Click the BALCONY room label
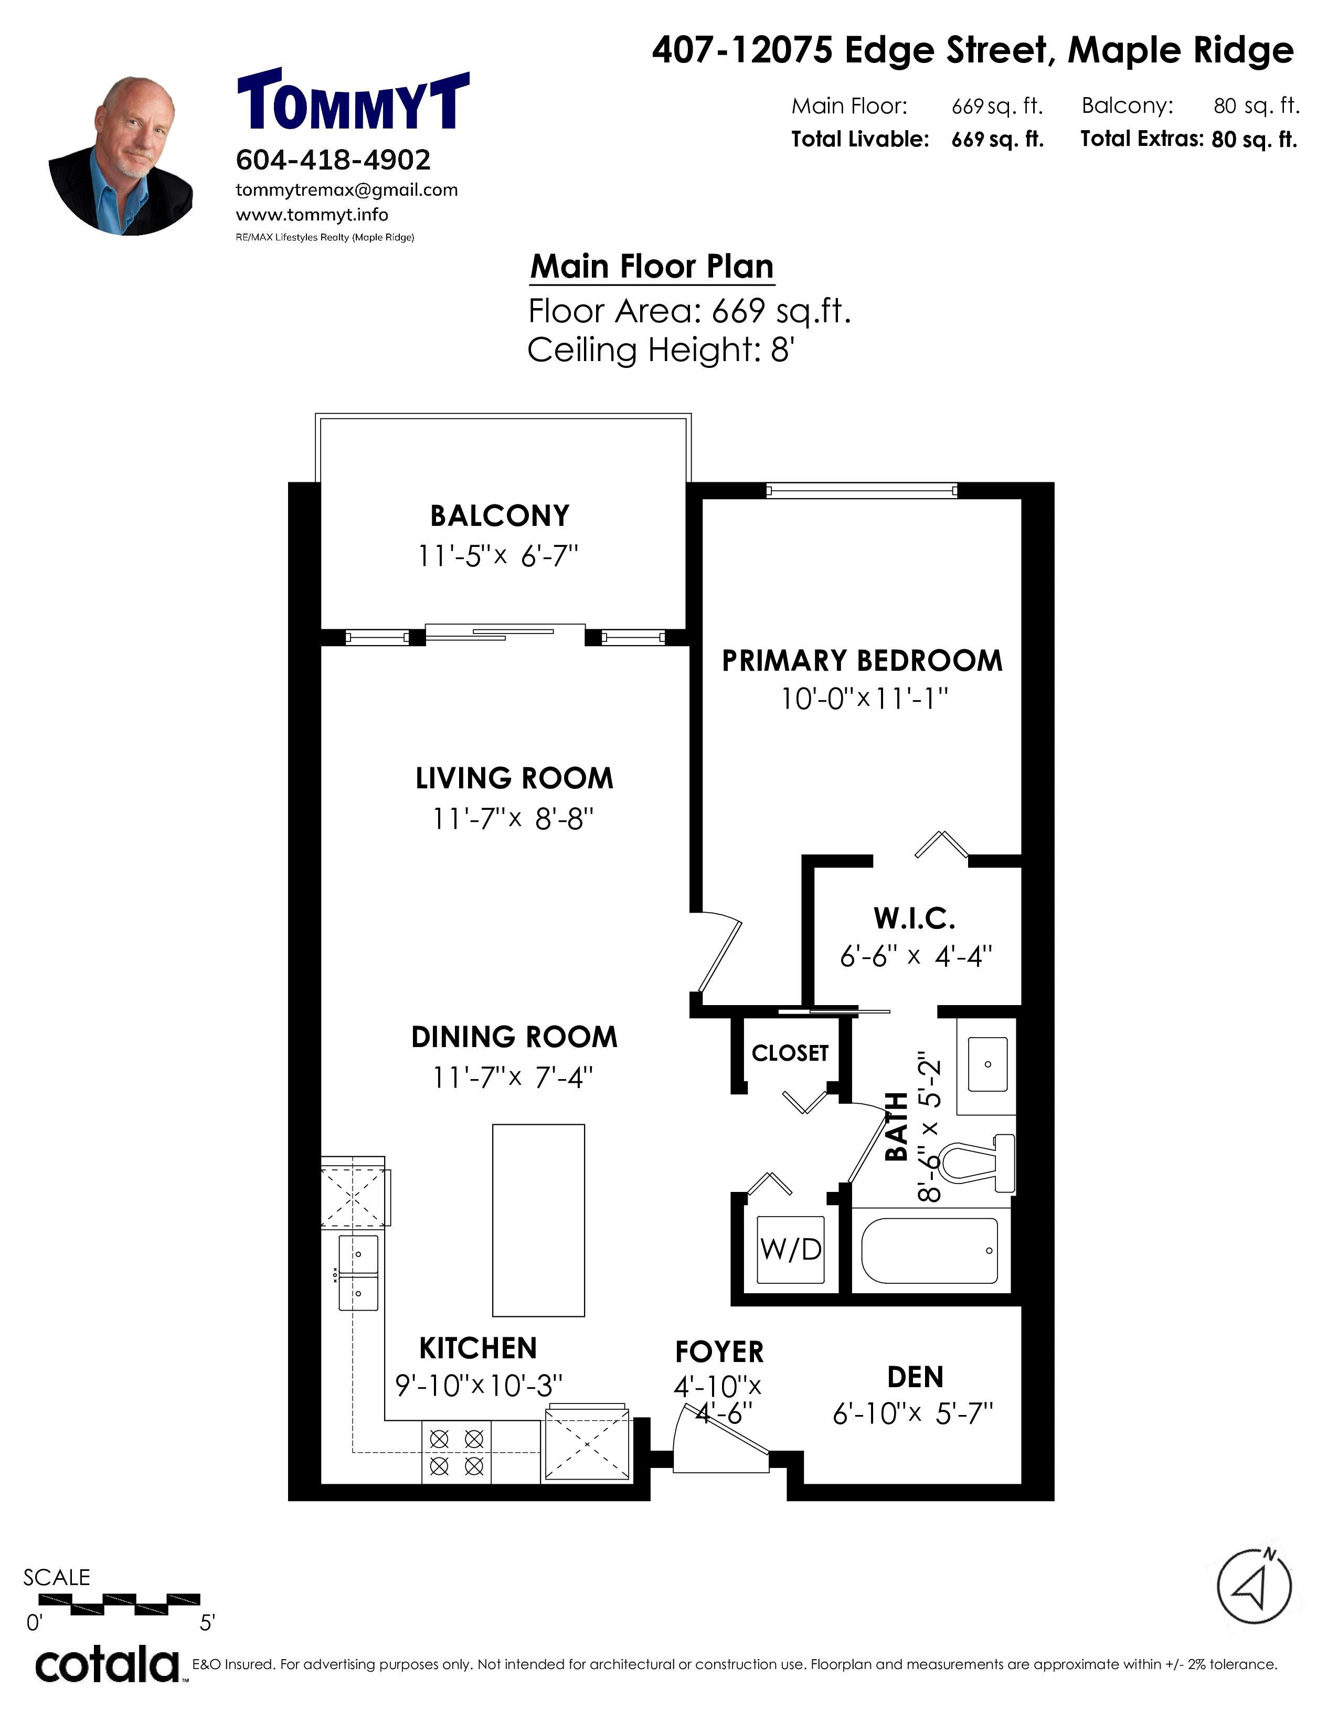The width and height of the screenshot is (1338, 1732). [500, 516]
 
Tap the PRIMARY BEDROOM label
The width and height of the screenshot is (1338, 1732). [863, 661]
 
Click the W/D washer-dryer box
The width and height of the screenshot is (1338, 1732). [790, 1250]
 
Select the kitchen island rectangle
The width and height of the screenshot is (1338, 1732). [538, 1220]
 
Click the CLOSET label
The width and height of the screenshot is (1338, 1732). [790, 1053]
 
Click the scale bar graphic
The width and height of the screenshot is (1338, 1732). [135, 1603]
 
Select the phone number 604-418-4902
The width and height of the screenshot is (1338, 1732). [333, 160]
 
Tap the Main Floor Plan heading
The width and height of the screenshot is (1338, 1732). [652, 267]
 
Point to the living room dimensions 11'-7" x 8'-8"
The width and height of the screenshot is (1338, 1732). [513, 818]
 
